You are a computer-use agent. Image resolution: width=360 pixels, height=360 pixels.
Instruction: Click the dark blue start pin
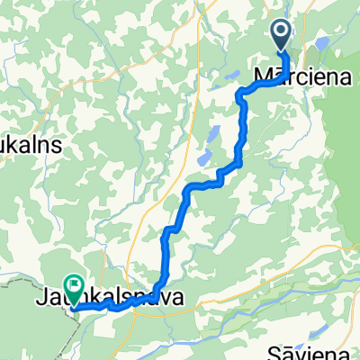coord(281,36)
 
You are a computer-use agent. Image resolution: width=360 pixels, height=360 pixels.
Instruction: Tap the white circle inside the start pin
coord(281,34)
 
